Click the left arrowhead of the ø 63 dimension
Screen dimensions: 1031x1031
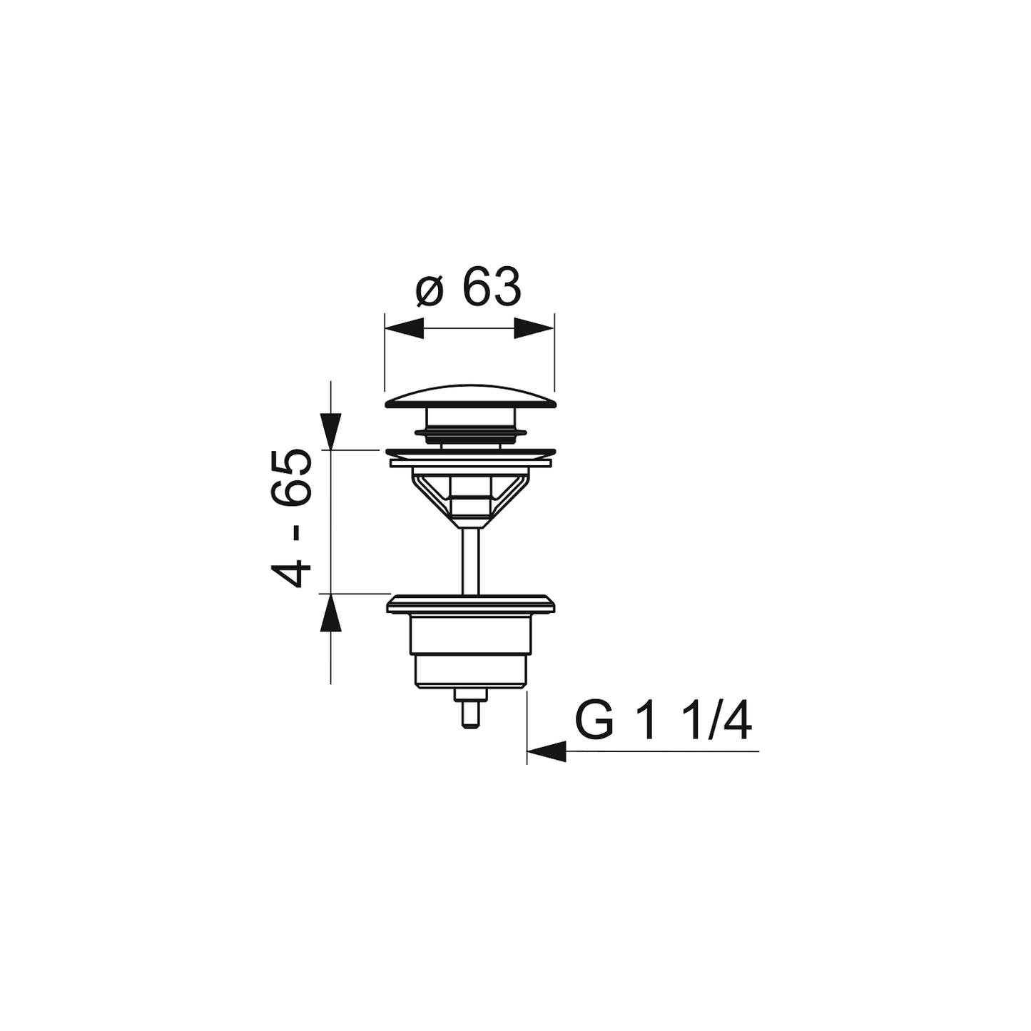click(x=405, y=328)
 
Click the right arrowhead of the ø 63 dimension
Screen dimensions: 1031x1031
click(x=534, y=328)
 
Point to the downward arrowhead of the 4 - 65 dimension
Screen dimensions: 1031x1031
click(x=330, y=431)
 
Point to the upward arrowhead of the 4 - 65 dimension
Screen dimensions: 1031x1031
click(x=330, y=613)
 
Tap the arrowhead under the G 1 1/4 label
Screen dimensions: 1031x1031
click(x=547, y=751)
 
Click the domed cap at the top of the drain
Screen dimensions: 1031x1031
click(x=469, y=397)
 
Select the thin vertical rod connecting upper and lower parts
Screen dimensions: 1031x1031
click(x=470, y=561)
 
